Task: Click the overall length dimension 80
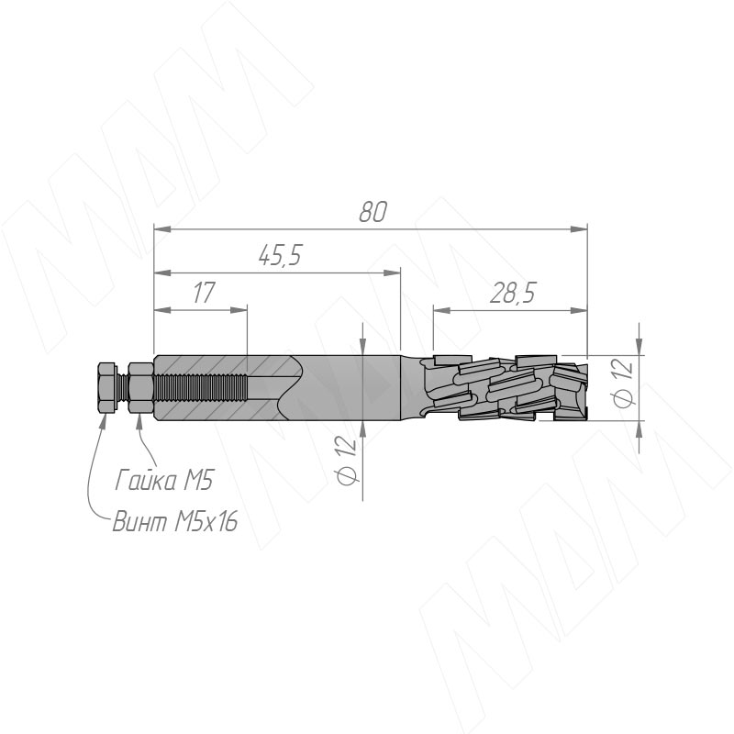pos(373,212)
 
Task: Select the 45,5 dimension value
pos(280,256)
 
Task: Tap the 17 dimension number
pos(204,293)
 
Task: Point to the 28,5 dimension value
pos(512,293)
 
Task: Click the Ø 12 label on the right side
pos(623,382)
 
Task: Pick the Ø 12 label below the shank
pos(347,460)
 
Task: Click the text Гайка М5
pos(164,480)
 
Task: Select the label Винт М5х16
pos(175,521)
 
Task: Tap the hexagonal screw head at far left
pos(107,387)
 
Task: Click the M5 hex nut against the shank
pos(141,387)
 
